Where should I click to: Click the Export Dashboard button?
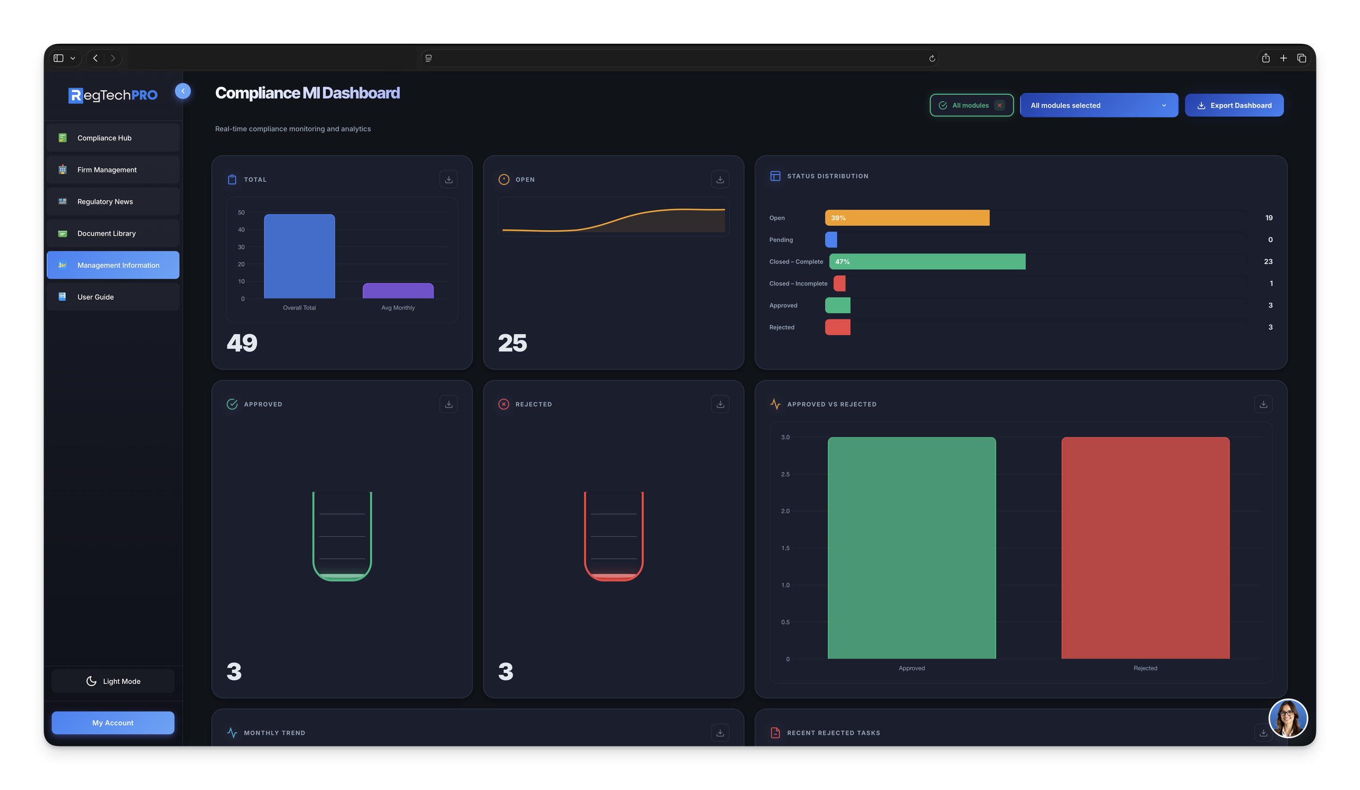[x=1234, y=106]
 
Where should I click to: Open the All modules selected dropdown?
[x=1098, y=106]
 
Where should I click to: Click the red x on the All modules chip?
[x=999, y=106]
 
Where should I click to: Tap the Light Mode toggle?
[x=113, y=681]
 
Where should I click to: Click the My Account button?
[x=113, y=723]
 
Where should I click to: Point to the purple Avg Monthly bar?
[x=398, y=291]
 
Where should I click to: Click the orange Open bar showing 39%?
[x=907, y=218]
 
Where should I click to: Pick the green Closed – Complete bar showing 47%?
[x=927, y=262]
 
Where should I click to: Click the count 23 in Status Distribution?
[x=1268, y=262]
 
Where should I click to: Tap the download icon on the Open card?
[x=720, y=180]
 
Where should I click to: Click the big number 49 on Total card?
[x=242, y=343]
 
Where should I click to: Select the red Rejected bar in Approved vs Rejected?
[x=1145, y=548]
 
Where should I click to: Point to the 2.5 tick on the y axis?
[x=785, y=474]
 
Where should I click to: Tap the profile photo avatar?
[x=1288, y=718]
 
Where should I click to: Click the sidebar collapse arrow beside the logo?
[x=183, y=91]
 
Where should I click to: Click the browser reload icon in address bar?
[x=932, y=59]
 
